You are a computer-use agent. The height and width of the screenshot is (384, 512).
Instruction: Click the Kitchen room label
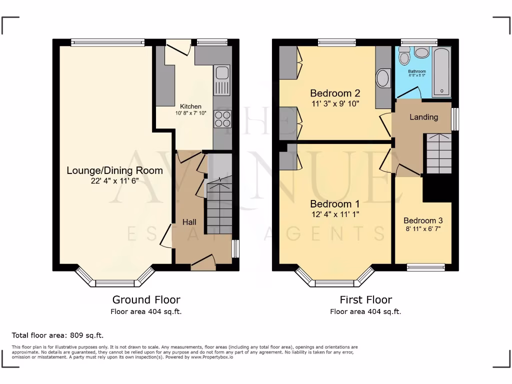click(190, 106)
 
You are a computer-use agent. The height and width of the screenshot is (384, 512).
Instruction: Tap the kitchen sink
click(221, 80)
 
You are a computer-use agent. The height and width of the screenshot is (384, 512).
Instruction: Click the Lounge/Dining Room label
click(114, 170)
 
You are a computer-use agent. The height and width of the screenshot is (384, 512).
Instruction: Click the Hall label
click(189, 222)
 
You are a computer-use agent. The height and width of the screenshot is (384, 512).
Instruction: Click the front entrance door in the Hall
click(203, 263)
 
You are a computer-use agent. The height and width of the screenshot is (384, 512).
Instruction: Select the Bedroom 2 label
click(334, 93)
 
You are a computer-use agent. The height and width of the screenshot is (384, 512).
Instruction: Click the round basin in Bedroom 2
click(383, 78)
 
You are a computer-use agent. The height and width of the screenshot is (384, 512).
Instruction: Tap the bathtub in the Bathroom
click(442, 71)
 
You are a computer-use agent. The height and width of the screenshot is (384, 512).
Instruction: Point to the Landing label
click(423, 117)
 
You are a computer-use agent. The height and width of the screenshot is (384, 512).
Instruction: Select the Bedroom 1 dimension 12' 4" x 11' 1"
click(334, 214)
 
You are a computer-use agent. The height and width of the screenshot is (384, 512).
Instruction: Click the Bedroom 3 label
click(423, 220)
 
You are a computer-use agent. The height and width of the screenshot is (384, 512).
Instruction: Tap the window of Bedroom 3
click(425, 267)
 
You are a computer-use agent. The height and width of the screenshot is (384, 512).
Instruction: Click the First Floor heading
click(365, 300)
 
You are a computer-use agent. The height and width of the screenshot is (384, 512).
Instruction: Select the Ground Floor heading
click(146, 300)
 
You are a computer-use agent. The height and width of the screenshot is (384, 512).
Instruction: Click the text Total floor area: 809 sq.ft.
click(57, 335)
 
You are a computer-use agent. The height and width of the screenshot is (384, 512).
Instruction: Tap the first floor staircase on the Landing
click(438, 153)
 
